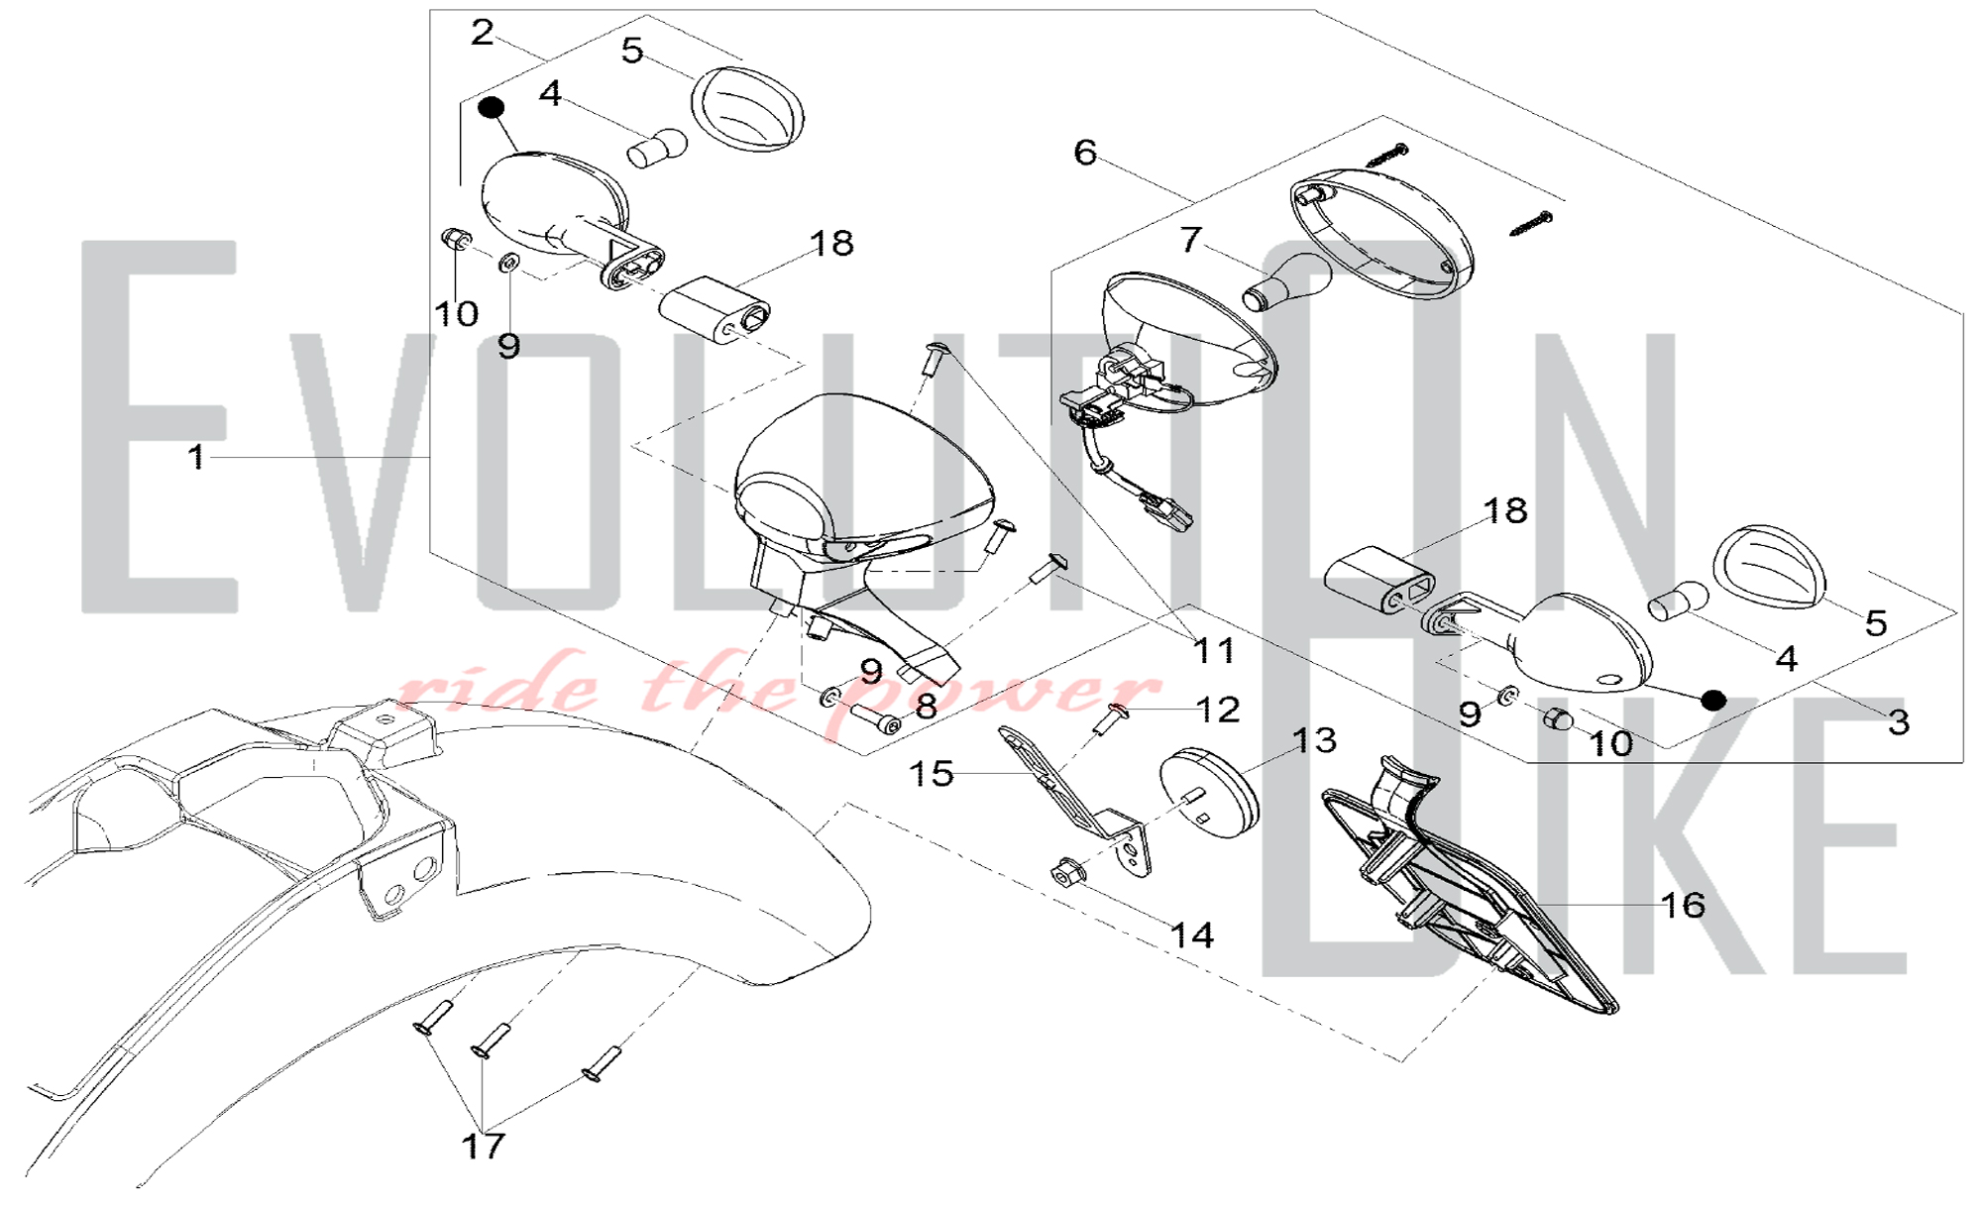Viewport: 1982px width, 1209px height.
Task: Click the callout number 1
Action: point(196,457)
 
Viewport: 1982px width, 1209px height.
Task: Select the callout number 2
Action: point(482,33)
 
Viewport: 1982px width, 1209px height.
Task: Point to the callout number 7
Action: point(1190,239)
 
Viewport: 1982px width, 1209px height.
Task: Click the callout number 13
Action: point(1314,740)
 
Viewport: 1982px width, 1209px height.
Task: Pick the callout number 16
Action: point(1683,904)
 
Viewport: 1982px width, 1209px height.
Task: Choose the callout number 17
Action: point(484,1146)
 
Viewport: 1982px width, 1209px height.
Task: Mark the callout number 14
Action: point(1192,934)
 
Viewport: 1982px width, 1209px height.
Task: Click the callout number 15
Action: point(932,773)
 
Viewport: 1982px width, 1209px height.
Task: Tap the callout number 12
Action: point(1218,710)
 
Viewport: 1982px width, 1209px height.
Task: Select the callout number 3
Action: point(1898,722)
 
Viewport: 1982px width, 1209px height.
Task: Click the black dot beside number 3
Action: point(1713,700)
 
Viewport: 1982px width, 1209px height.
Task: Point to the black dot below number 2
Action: point(492,106)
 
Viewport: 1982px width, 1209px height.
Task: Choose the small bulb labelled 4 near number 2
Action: point(657,149)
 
